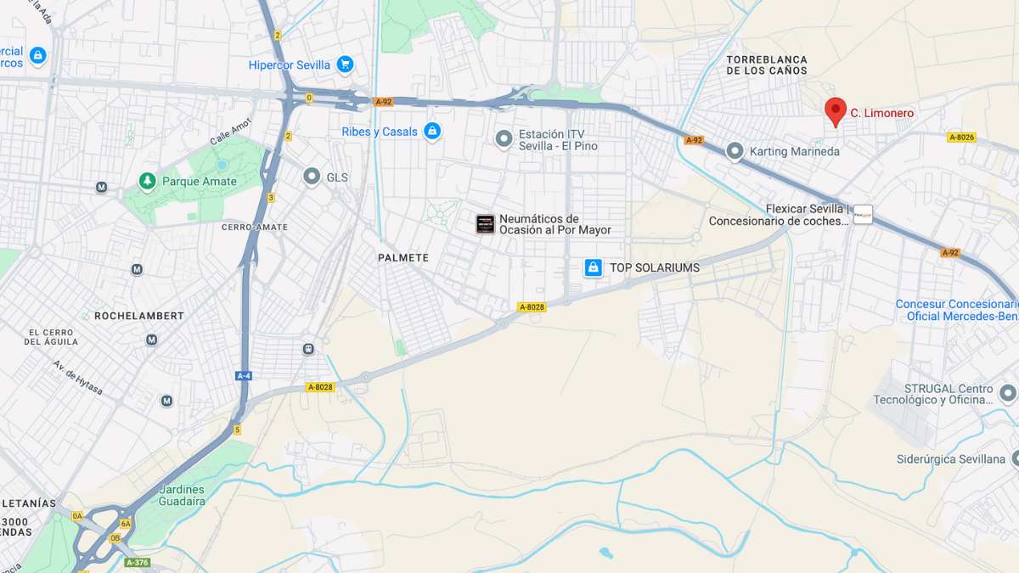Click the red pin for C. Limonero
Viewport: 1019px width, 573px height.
(x=836, y=110)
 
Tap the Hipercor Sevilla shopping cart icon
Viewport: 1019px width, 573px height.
(x=344, y=65)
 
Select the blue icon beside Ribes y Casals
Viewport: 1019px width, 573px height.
(x=432, y=132)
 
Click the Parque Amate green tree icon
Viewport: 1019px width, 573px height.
(x=148, y=181)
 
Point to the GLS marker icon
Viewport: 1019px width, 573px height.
(x=312, y=177)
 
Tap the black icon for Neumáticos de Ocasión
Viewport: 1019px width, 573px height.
(x=485, y=224)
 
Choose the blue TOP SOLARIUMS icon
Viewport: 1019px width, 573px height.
(x=594, y=267)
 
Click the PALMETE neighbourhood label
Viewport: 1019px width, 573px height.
(x=403, y=257)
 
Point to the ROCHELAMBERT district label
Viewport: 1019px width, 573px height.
(x=139, y=316)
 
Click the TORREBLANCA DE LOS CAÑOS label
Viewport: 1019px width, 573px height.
(x=767, y=65)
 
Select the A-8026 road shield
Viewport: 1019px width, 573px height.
(x=961, y=137)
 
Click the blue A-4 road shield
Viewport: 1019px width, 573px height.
(x=244, y=375)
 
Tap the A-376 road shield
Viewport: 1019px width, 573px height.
(x=138, y=562)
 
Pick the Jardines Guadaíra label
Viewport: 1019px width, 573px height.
(x=182, y=495)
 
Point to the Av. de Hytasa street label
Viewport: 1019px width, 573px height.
(x=78, y=378)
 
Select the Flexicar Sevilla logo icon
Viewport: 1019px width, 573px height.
(x=863, y=215)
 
